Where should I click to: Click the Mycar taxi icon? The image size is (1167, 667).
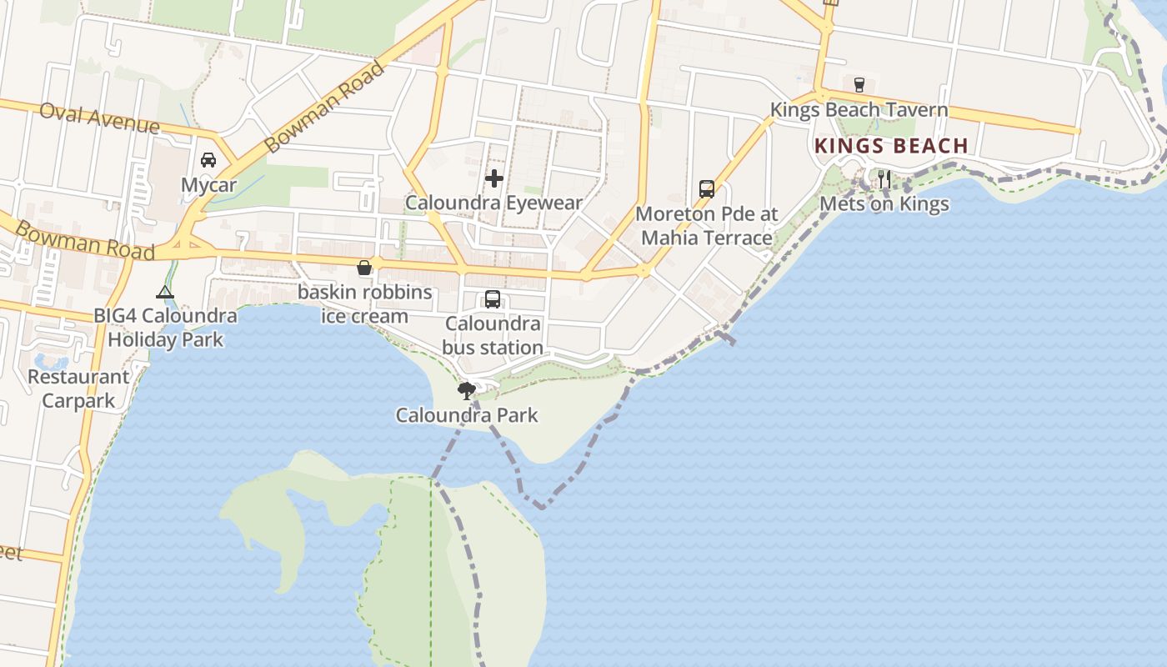click(208, 160)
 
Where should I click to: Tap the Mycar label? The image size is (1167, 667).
click(208, 185)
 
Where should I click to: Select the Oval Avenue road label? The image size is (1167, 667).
click(98, 118)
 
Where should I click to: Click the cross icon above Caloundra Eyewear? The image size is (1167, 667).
click(494, 178)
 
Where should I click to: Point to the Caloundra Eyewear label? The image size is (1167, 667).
click(493, 203)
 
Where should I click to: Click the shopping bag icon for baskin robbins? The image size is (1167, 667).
click(364, 268)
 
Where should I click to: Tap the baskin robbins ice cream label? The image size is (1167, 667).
click(365, 304)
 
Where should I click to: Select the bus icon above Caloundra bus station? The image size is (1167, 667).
click(493, 299)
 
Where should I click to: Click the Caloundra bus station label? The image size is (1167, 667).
click(493, 335)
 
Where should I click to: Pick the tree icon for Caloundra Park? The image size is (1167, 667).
click(467, 389)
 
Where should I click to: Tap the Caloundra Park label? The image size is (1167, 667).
click(467, 415)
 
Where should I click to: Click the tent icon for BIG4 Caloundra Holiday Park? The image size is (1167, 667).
click(165, 292)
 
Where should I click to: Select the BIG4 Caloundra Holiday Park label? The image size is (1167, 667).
click(165, 328)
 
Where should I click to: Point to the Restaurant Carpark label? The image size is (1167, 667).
click(79, 389)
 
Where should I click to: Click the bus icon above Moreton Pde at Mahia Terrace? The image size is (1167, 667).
click(707, 189)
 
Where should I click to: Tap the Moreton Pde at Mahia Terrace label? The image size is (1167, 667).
click(707, 226)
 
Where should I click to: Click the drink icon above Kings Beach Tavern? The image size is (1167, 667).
click(859, 84)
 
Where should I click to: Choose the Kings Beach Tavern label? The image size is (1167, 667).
click(859, 110)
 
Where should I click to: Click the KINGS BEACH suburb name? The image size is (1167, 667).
click(891, 146)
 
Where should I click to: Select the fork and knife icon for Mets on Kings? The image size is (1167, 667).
click(884, 178)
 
